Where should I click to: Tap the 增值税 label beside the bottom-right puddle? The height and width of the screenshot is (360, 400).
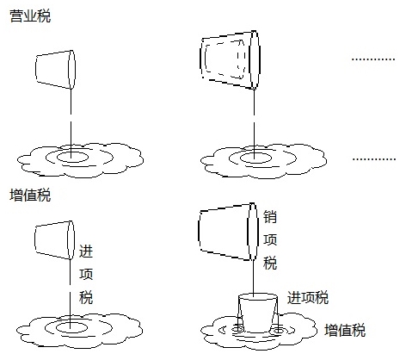click(x=345, y=330)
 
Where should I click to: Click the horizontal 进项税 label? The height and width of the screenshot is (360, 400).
click(x=309, y=297)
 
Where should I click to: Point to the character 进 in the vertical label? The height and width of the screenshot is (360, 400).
click(x=85, y=252)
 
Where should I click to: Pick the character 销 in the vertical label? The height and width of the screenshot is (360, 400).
click(x=270, y=217)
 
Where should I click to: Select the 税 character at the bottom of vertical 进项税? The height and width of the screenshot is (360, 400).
click(x=85, y=298)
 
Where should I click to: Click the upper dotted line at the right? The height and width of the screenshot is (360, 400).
click(x=373, y=58)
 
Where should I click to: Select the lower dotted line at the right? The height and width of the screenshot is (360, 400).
click(x=373, y=158)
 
